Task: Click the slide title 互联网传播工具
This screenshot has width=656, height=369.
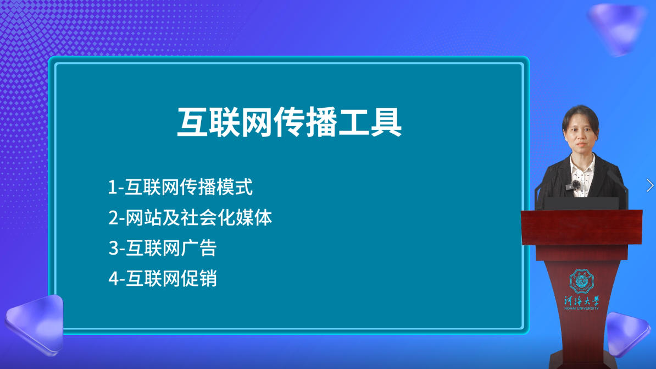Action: tap(289, 123)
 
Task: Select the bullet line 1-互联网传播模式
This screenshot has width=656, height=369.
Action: tap(180, 188)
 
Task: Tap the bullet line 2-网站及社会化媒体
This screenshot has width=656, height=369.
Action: tap(190, 218)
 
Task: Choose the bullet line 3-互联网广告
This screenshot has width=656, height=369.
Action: tap(163, 248)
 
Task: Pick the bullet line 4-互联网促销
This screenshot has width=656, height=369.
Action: tap(163, 278)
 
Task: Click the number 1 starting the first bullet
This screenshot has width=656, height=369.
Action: tap(112, 188)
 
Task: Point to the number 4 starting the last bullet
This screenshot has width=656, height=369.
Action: tap(113, 279)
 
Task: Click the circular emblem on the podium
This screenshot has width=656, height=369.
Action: tap(581, 281)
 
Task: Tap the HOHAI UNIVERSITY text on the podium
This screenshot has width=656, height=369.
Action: tap(581, 308)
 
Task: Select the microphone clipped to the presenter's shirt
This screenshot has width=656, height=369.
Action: tap(575, 184)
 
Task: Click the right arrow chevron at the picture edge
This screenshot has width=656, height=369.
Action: tap(650, 185)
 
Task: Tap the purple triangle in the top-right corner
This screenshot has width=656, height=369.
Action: tap(617, 27)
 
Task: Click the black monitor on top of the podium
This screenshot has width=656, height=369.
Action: tap(581, 203)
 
